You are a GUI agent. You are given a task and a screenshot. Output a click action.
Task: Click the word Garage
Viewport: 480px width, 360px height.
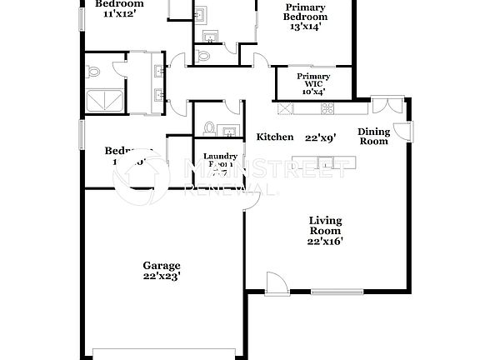161,266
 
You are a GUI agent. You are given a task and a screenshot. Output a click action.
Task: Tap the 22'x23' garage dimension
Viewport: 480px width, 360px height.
161,277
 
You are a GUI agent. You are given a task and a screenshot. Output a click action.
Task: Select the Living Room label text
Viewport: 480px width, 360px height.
326,225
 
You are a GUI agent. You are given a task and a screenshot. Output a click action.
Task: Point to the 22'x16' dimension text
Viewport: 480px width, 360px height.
326,242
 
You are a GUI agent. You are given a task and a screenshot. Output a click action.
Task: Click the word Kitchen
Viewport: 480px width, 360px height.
274,137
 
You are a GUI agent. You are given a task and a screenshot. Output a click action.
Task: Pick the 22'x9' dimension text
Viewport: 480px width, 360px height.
320,137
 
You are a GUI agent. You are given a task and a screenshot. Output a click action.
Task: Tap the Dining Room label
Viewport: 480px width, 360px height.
373,136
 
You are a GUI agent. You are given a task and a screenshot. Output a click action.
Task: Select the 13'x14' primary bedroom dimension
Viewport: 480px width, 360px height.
306,27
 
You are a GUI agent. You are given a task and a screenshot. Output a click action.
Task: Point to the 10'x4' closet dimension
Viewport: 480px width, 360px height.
314,92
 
